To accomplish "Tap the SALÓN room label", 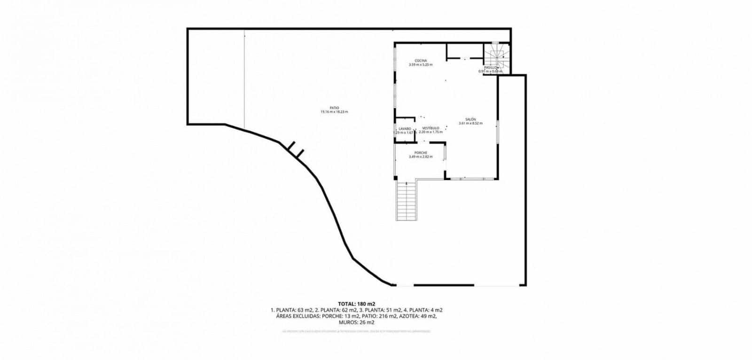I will pos(471,119).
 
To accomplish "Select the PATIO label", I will pos(334,108).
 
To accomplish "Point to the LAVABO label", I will pos(405,128).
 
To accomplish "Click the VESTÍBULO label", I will pos(431,128).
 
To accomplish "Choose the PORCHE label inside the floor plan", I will pos(421,152).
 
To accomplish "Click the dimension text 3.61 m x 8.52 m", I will pos(471,124).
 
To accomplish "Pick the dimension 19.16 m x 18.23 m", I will pos(334,112).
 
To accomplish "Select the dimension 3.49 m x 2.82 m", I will pos(421,157).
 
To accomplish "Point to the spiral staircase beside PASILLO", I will pos(496,55).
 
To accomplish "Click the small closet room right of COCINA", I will pos(464,51).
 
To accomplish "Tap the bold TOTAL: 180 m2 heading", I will pos(356,304).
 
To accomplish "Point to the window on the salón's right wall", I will pos(498,133).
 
